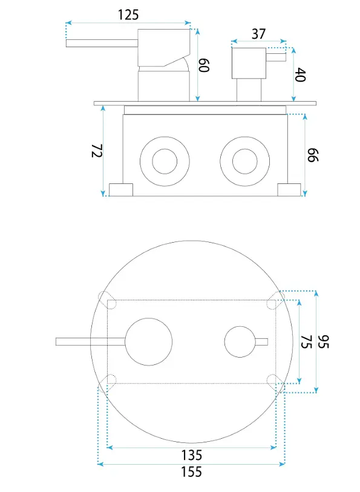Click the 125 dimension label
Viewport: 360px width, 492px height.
[x=128, y=15]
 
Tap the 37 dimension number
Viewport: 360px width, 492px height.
[x=259, y=34]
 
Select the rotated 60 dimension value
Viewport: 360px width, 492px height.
[x=204, y=65]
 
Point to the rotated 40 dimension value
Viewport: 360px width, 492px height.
[x=300, y=74]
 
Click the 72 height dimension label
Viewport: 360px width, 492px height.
[x=97, y=151]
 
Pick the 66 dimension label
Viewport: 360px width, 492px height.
[x=313, y=156]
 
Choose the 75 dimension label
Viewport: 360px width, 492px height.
[x=306, y=342]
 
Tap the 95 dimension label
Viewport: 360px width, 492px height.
[x=324, y=342]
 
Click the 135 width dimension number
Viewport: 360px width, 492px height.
[x=192, y=455]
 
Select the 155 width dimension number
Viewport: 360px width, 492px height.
[x=192, y=472]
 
